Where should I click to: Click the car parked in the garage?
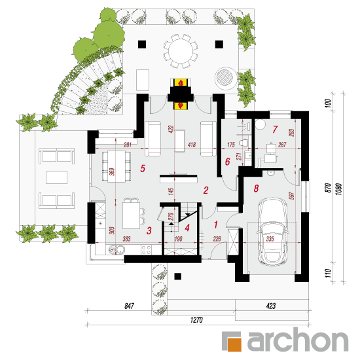[x=272, y=232]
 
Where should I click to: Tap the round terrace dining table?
[x=181, y=51]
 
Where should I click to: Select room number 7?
[x=275, y=129]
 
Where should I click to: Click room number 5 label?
[x=143, y=168]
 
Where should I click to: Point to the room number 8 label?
[x=256, y=189]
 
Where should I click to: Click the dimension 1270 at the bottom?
[x=196, y=319]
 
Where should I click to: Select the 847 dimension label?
[x=129, y=306]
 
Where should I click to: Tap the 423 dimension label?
[x=271, y=306]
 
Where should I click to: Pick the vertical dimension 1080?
[x=339, y=189]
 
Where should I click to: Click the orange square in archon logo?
[x=234, y=344]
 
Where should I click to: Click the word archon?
[x=298, y=340]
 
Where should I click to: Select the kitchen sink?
[x=116, y=249]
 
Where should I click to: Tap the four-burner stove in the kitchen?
[x=146, y=249]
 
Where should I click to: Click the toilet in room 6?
[x=244, y=143]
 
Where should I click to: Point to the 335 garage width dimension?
[x=270, y=239]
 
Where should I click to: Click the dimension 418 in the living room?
[x=192, y=145]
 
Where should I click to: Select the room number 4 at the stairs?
[x=187, y=228]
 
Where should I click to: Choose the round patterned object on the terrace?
[x=226, y=77]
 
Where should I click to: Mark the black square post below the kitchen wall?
[x=177, y=276]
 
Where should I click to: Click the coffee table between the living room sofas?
[x=180, y=141]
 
